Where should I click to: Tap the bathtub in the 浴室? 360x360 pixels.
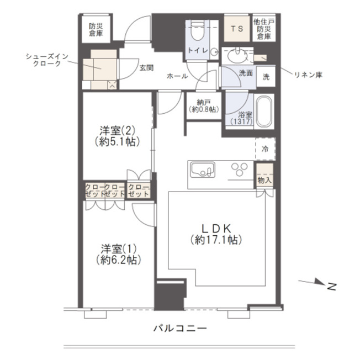[x=264, y=112]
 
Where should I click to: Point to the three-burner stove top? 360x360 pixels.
[x=240, y=170]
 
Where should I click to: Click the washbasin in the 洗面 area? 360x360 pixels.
[x=237, y=55]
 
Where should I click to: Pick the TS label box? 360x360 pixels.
[x=237, y=29]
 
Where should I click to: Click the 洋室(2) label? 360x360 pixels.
[x=117, y=131]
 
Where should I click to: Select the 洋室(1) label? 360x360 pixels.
[x=119, y=249]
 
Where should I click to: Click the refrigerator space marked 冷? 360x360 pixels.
[x=266, y=149]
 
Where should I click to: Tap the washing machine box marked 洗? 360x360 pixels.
[x=266, y=77]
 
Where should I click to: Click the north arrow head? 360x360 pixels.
[x=320, y=282]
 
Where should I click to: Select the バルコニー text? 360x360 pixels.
[x=180, y=329]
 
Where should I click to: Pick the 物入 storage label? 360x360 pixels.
[x=264, y=180]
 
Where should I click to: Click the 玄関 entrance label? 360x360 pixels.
[x=146, y=68]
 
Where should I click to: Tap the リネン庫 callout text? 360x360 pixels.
[x=308, y=75]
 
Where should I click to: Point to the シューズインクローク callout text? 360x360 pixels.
[x=47, y=60]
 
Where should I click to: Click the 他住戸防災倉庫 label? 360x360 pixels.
[x=264, y=29]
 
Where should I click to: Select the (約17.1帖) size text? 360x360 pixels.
[x=216, y=240]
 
